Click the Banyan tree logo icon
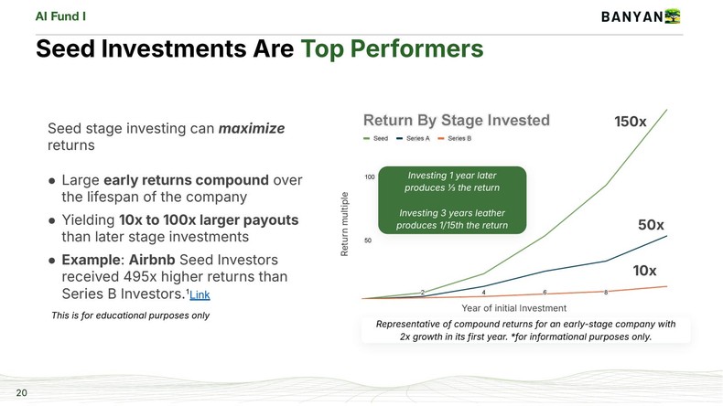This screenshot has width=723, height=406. [x=674, y=16]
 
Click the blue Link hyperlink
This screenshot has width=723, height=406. [x=200, y=294]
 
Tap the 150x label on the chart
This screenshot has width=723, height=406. [x=630, y=122]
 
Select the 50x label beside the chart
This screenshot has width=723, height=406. [x=651, y=225]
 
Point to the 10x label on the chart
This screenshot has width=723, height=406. [x=646, y=271]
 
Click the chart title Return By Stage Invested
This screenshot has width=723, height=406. [x=456, y=120]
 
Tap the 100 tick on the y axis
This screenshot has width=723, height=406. [x=370, y=176]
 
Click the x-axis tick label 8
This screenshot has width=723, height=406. [x=606, y=293]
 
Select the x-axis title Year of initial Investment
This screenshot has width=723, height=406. [x=513, y=308]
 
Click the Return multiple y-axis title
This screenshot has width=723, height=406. [x=345, y=223]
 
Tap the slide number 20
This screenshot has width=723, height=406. [x=21, y=393]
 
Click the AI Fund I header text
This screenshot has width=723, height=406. [x=61, y=16]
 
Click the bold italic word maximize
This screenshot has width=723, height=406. [x=252, y=129]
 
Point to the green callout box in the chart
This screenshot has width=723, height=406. [x=452, y=199]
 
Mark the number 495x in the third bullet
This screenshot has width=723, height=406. [x=144, y=277]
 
